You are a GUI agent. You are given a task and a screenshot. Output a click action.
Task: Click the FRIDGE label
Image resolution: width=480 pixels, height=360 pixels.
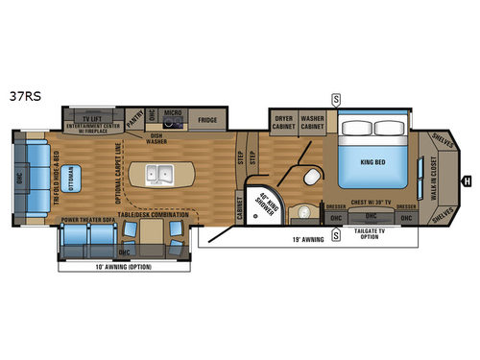click(x=207, y=120)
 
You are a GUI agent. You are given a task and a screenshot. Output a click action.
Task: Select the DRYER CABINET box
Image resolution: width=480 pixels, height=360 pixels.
click(x=283, y=122)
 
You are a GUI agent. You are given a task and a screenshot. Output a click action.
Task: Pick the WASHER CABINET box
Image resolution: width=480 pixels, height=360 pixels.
click(x=313, y=122)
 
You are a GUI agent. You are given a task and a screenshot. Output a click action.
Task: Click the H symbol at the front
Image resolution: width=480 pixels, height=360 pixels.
click(x=468, y=180)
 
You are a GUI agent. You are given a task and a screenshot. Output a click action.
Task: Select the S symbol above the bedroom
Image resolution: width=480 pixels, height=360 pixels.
click(x=335, y=98)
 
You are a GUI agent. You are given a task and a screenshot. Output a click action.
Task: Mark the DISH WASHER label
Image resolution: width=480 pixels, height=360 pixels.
click(x=156, y=137)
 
